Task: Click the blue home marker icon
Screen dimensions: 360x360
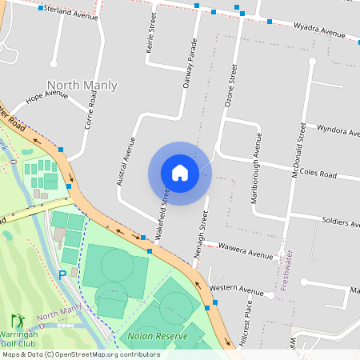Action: tap(179, 173)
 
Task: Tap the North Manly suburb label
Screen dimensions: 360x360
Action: tap(82, 86)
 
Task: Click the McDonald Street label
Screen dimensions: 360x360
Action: tap(298, 150)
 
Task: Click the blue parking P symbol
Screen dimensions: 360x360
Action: tap(62, 275)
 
